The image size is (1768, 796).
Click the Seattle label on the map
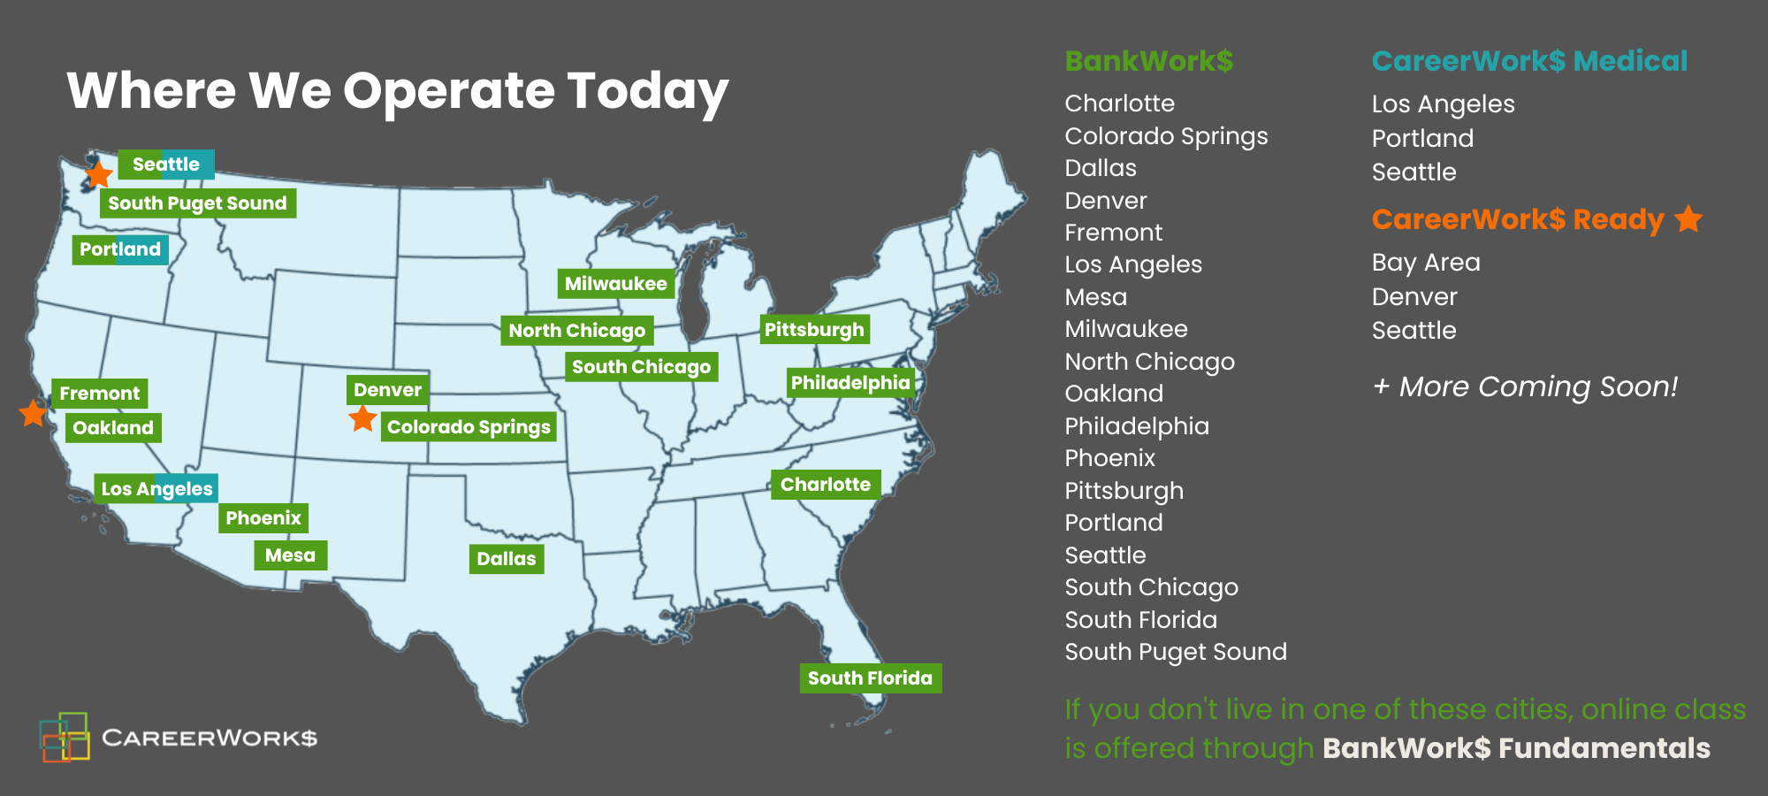click(x=166, y=165)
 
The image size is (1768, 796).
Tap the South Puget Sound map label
click(x=197, y=203)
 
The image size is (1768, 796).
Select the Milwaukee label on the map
click(x=615, y=284)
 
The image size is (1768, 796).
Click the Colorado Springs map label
click(x=469, y=427)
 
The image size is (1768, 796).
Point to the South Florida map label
click(x=870, y=678)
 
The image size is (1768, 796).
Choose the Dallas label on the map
click(x=506, y=559)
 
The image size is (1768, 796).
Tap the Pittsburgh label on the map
click(x=814, y=330)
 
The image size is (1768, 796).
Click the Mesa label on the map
click(x=290, y=555)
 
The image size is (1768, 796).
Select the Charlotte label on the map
click(x=825, y=485)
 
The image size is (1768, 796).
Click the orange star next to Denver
click(x=362, y=418)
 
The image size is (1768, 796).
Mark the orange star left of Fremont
click(x=33, y=413)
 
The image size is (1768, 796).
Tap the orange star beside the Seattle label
click(x=98, y=174)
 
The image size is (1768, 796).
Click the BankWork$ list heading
click(x=1148, y=61)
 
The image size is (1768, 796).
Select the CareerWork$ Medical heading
click(x=1529, y=61)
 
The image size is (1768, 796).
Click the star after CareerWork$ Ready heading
click(x=1688, y=218)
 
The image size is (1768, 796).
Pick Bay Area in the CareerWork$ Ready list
click(x=1425, y=263)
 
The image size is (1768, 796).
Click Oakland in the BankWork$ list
click(x=1114, y=394)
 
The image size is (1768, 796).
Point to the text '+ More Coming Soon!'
click(x=1525, y=387)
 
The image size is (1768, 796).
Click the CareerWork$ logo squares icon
click(x=65, y=737)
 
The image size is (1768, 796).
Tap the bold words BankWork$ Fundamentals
click(x=1516, y=748)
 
